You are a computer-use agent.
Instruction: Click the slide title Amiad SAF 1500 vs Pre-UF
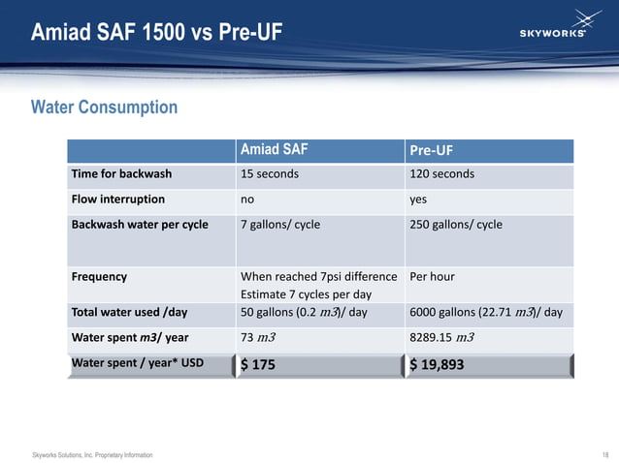point(157,32)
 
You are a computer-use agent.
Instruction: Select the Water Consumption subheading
point(105,107)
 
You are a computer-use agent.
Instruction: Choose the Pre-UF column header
point(432,151)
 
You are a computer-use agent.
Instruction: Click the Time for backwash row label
point(121,174)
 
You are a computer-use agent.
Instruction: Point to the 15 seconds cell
point(270,174)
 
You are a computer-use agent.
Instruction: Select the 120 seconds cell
point(442,174)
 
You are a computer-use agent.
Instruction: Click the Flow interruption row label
point(117,200)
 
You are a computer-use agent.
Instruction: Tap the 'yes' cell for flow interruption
point(419,200)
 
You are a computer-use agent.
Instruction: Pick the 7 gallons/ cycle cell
point(280,224)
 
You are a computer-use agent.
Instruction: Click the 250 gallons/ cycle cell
point(456,224)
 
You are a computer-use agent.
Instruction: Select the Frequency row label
point(99,276)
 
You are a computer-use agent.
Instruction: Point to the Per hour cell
point(433,276)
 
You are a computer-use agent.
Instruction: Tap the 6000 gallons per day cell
point(486,312)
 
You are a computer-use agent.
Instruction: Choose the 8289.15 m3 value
point(441,337)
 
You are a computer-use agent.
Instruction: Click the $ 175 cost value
point(258,364)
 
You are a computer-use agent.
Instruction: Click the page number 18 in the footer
point(604,454)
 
